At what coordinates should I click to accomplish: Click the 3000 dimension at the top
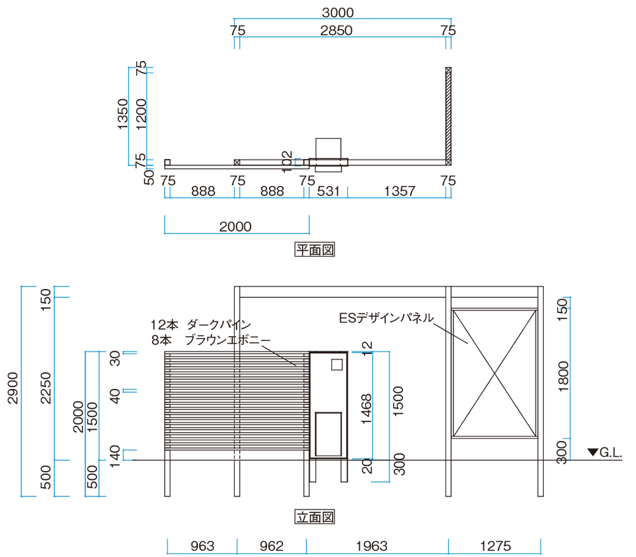tap(338, 13)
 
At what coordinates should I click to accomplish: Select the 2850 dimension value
tap(336, 31)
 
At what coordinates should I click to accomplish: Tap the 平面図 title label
tap(315, 250)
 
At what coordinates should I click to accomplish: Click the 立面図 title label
tap(315, 517)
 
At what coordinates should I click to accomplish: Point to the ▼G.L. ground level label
tap(605, 453)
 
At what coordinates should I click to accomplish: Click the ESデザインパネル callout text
tap(386, 318)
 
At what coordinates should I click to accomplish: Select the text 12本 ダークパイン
tap(201, 325)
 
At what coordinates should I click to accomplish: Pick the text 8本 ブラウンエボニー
tap(211, 340)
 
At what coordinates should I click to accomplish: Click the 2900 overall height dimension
tap(13, 388)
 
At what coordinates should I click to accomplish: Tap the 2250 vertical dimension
tap(46, 388)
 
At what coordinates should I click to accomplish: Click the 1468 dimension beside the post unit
tap(366, 409)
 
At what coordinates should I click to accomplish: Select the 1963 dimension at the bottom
tap(372, 546)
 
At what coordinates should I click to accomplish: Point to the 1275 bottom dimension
tap(495, 546)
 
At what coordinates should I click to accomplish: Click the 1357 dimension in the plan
tap(399, 191)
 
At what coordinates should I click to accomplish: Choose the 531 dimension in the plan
tap(328, 191)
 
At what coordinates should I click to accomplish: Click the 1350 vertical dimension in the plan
tap(123, 114)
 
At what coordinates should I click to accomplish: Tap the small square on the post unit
tap(336, 365)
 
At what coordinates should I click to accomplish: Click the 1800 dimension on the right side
tap(563, 376)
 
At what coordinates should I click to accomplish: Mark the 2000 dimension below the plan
tap(235, 227)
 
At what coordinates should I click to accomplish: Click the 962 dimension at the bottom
tap(272, 546)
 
